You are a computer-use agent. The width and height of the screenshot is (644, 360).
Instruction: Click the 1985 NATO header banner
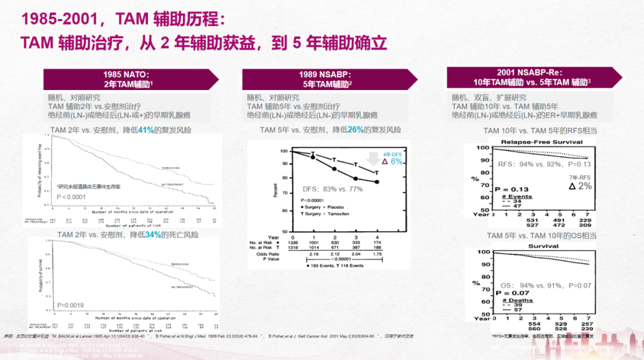click(129, 79)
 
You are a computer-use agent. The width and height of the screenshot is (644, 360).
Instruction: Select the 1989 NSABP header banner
click(326, 79)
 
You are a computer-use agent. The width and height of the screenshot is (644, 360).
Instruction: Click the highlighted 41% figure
click(146, 129)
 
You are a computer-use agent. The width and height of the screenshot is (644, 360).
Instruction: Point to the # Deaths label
click(517, 300)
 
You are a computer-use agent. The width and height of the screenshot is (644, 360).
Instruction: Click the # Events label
click(517, 196)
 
